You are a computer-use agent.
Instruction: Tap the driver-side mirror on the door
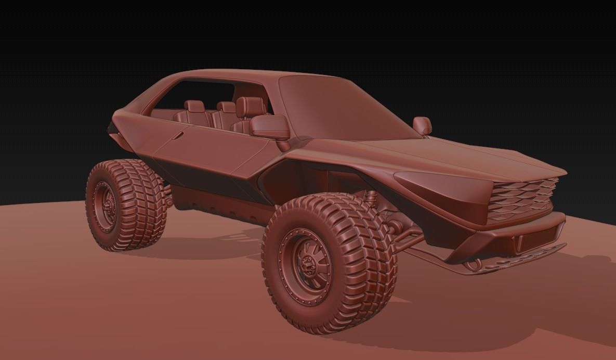point(270,127)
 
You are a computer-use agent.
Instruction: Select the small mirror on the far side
point(422,125)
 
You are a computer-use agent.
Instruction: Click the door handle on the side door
point(178,136)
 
